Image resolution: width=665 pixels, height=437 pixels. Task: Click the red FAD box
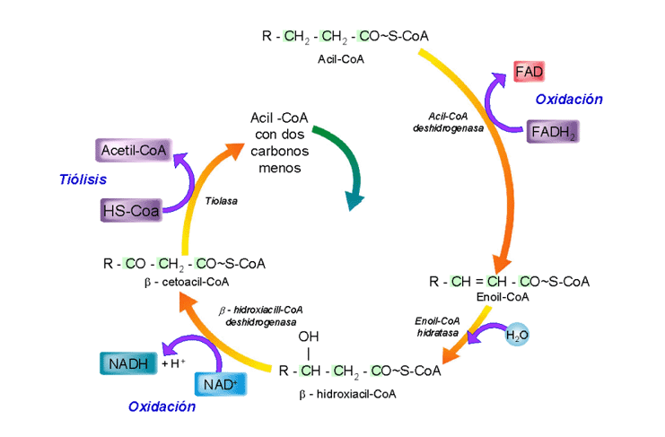pyautogui.click(x=529, y=70)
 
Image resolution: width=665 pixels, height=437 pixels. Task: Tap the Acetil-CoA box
pyautogui.click(x=130, y=151)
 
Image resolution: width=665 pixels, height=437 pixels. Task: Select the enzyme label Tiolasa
pyautogui.click(x=222, y=201)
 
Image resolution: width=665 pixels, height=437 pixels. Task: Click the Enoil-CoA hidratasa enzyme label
pyautogui.click(x=437, y=326)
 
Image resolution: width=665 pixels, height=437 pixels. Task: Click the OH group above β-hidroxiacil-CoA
pyautogui.click(x=309, y=337)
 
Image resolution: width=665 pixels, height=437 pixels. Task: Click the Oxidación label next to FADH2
pyautogui.click(x=569, y=101)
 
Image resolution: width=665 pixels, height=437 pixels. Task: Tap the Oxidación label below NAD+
pyautogui.click(x=162, y=406)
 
